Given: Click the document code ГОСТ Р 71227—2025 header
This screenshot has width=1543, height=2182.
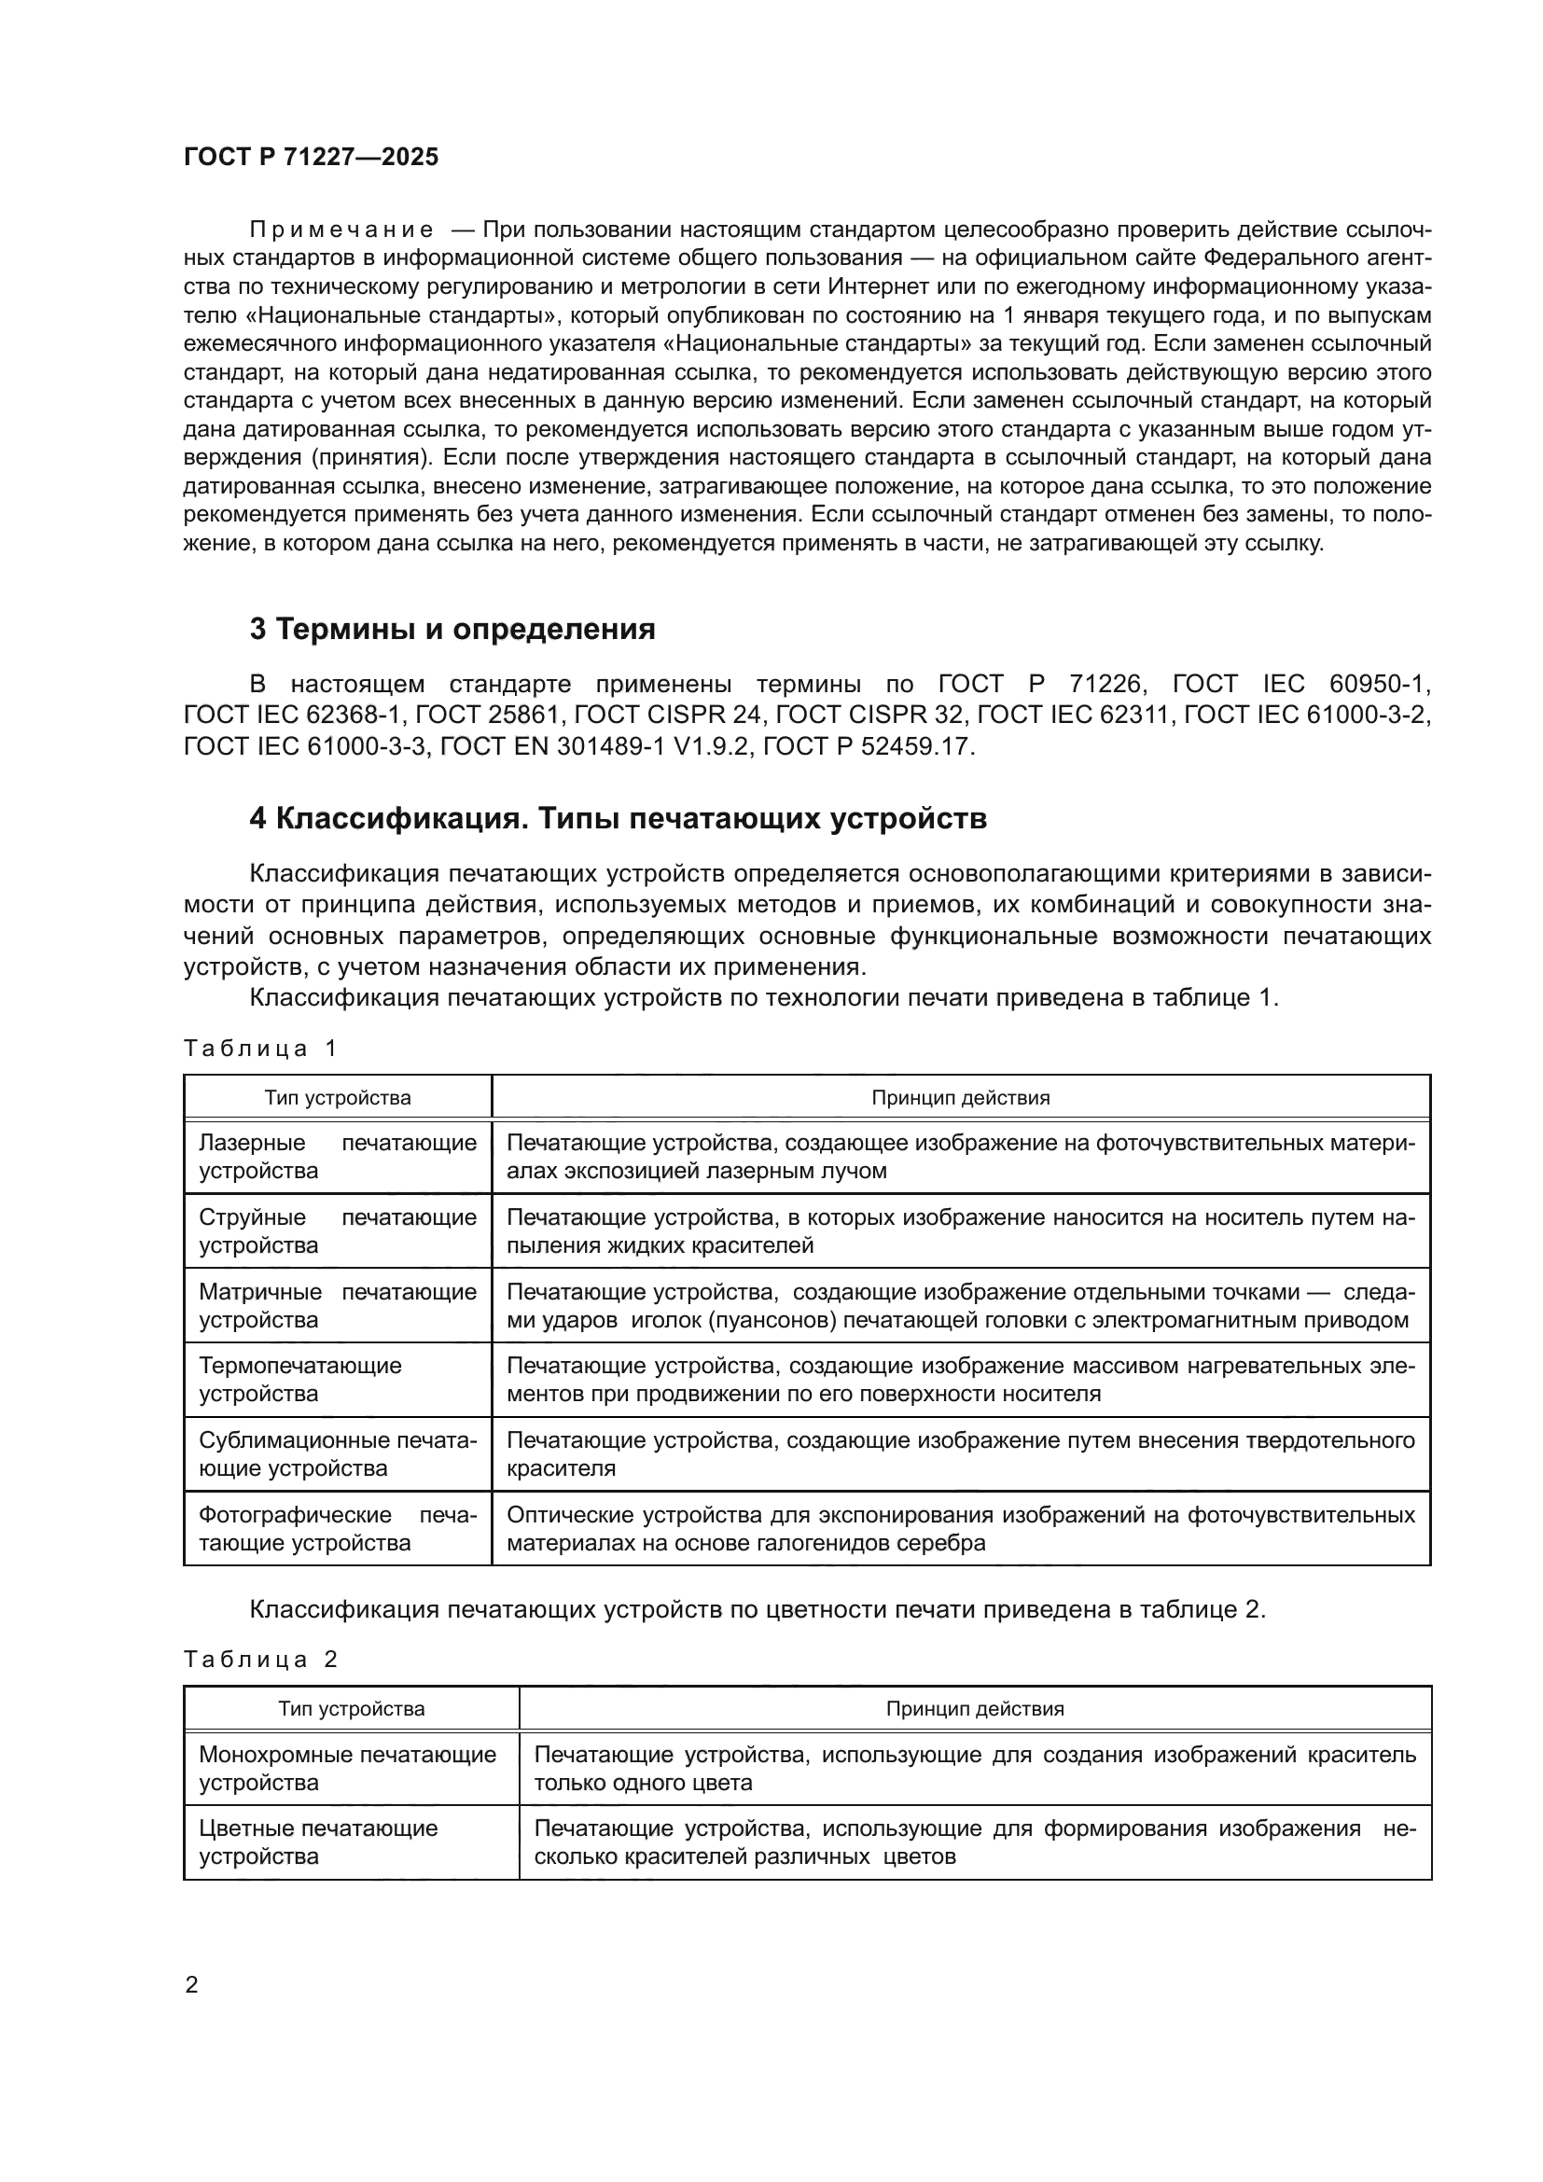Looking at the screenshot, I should pos(311,158).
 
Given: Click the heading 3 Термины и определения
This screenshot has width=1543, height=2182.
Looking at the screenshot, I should pos(452,629).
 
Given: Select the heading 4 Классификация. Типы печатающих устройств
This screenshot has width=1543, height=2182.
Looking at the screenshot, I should pos(618,818).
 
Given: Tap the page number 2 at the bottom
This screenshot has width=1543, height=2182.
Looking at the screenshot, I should pos(192,1984).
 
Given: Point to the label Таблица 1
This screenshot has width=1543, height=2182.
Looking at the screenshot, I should pos(260,1049).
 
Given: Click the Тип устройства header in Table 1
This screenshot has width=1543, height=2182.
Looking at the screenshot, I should pos(338,1098).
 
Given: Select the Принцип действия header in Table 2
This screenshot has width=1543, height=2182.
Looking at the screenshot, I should pos(975,1709).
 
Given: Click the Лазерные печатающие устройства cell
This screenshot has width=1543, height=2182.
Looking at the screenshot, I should pos(338,1157).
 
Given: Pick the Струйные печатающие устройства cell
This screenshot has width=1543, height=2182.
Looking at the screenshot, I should pos(338,1230).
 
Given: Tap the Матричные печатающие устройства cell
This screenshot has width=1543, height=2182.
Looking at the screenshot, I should pos(338,1305).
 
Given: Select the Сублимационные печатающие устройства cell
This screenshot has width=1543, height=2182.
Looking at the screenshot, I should pos(338,1453).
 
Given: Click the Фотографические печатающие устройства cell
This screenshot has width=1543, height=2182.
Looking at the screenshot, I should pos(338,1527).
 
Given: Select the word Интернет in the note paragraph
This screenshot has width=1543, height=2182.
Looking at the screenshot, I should pos(871,287).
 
